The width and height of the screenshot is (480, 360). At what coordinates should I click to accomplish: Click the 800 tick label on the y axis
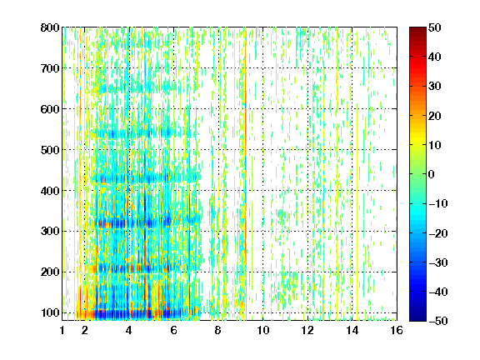[x=50, y=27]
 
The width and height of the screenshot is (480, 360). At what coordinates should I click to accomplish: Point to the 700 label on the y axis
[x=50, y=68]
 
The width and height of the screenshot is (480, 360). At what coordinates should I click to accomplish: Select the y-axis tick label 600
[x=50, y=109]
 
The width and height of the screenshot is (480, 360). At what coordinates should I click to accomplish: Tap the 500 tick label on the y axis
[x=50, y=150]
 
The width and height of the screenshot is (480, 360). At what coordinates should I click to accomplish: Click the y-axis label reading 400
[x=50, y=191]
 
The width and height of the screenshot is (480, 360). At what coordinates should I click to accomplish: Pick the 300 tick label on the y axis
[x=50, y=232]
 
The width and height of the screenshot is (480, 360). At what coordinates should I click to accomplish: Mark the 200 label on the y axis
[x=50, y=272]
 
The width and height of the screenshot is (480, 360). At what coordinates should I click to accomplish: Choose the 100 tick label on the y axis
[x=50, y=312]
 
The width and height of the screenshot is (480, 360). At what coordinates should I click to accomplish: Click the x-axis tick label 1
[x=62, y=330]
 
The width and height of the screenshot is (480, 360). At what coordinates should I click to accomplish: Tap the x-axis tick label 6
[x=174, y=330]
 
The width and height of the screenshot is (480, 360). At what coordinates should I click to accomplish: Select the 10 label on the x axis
[x=263, y=330]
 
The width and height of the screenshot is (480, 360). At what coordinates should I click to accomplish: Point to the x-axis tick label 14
[x=352, y=330]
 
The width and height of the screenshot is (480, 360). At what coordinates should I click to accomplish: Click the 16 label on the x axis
[x=397, y=330]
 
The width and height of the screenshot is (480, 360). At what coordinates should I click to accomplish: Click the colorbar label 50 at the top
[x=434, y=27]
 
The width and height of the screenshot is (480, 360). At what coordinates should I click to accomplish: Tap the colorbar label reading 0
[x=432, y=174]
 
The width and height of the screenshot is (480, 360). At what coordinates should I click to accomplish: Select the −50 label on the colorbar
[x=438, y=321]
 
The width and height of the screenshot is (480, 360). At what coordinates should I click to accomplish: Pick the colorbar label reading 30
[x=434, y=87]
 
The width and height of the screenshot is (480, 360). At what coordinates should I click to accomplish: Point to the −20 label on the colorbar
[x=438, y=233]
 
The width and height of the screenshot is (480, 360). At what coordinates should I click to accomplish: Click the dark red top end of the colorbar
[x=417, y=30]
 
